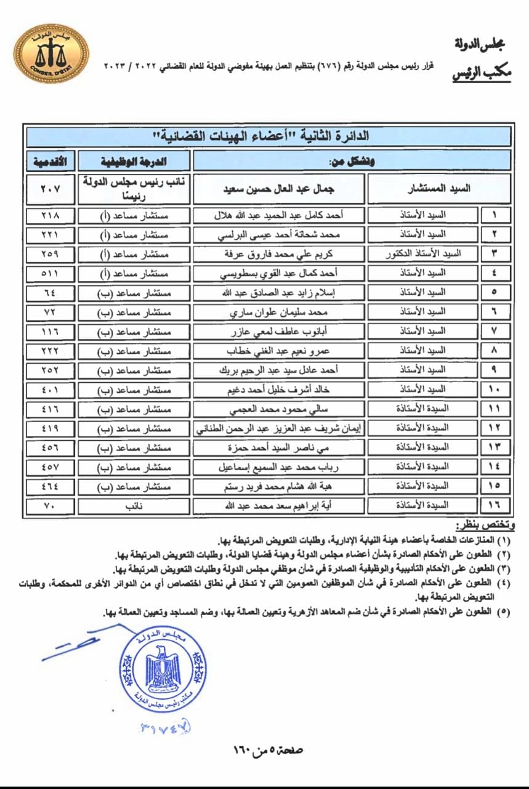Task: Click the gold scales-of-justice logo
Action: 51,54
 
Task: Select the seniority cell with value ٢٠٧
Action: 50,189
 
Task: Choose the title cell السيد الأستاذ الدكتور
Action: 423,253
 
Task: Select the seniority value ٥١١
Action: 50,272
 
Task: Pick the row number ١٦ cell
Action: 495,506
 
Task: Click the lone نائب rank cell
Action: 135,506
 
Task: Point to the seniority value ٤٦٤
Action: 50,486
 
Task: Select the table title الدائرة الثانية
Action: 269,136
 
